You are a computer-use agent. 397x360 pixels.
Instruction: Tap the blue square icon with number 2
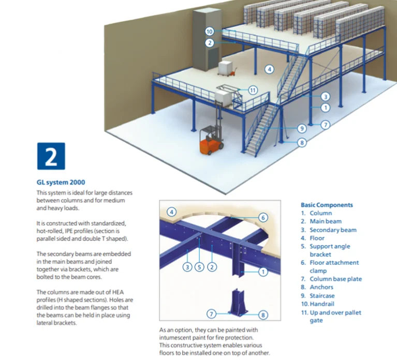coord(51,156)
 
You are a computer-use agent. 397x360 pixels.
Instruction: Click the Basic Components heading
coord(327,205)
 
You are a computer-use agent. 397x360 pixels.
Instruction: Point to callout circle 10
coord(209,32)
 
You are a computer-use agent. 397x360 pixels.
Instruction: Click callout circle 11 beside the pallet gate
coord(253,90)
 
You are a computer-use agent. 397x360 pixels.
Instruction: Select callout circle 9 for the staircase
coord(302,129)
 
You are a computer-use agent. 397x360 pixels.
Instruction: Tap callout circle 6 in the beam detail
coord(262,217)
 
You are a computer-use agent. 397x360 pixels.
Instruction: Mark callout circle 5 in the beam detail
coord(199,267)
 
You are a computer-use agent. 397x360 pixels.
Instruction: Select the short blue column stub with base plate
coord(236,303)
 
